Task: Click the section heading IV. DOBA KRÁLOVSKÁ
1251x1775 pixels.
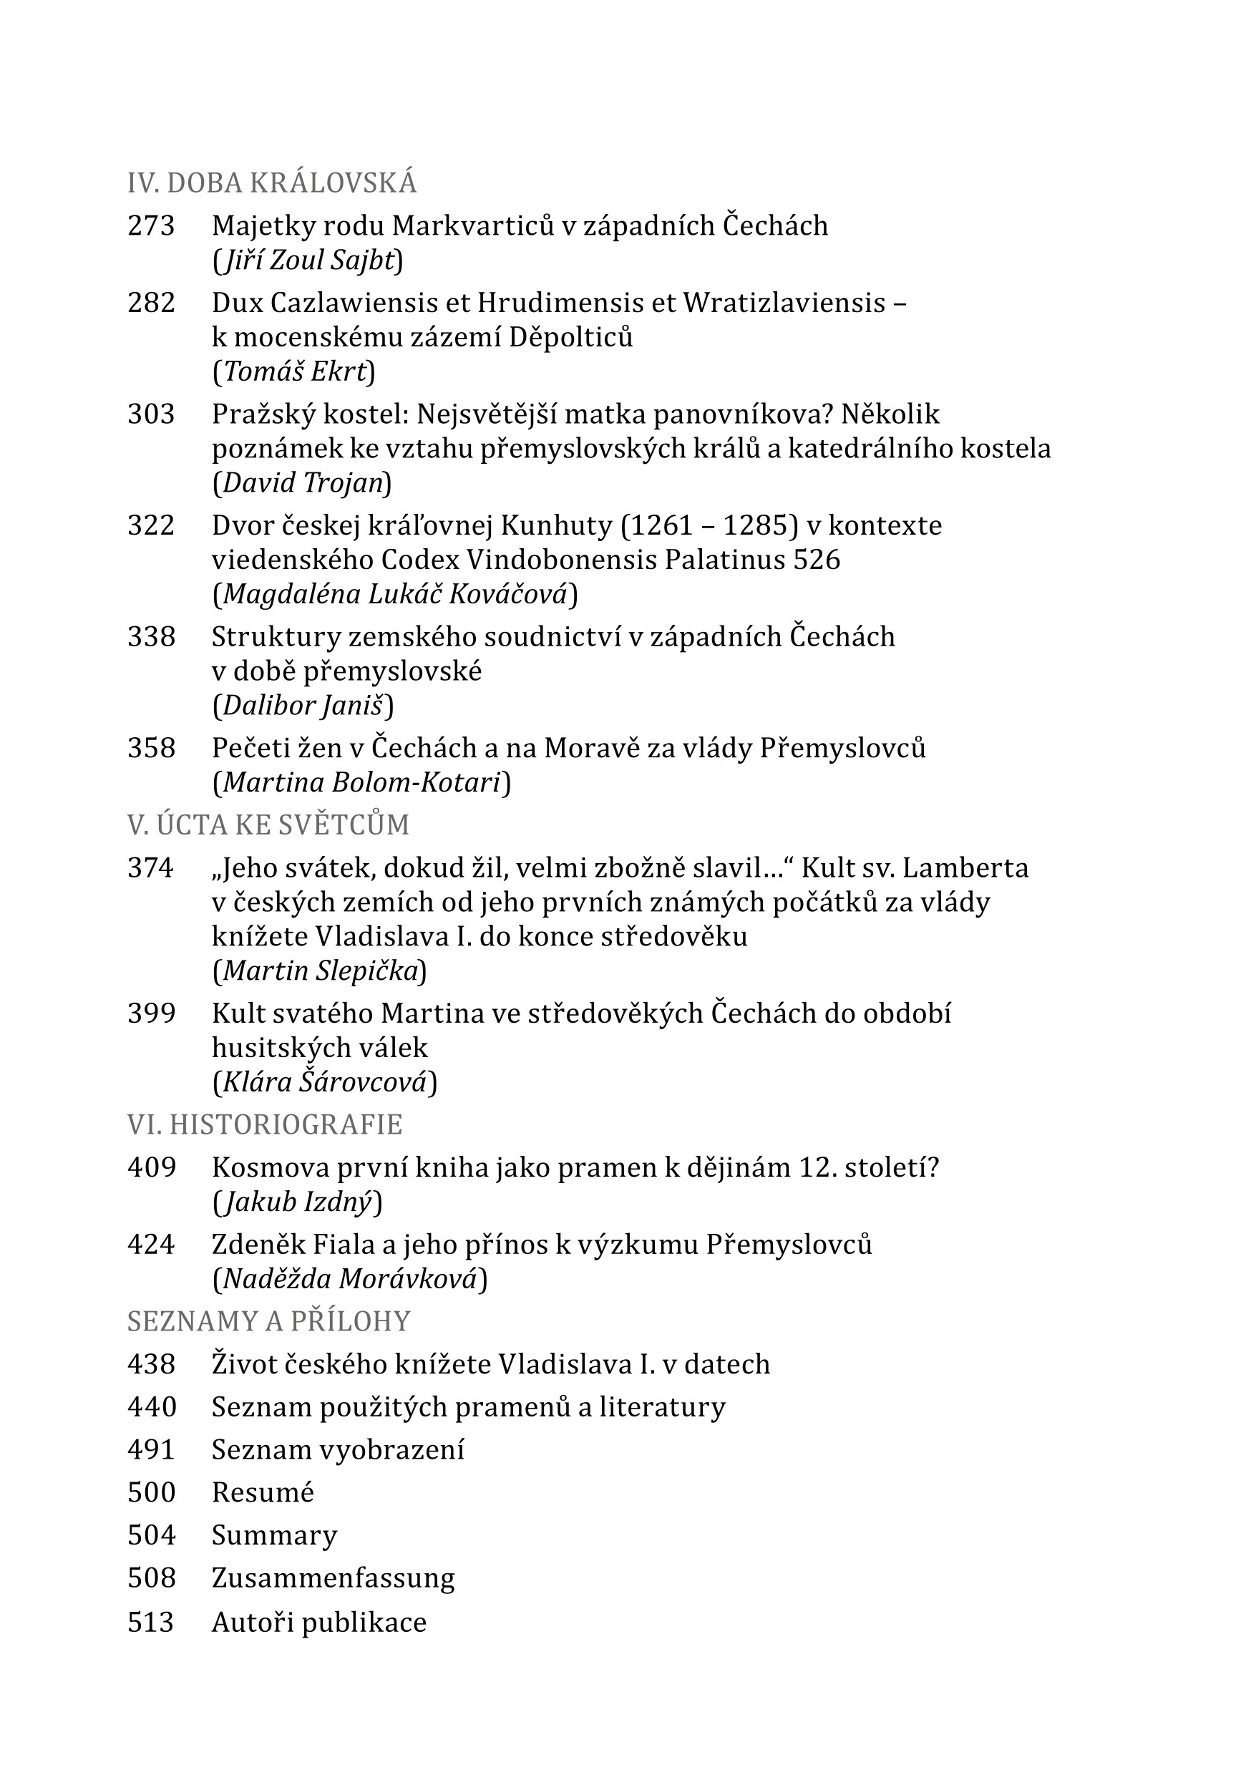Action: pyautogui.click(x=271, y=183)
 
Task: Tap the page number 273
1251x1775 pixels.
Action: pyautogui.click(x=152, y=225)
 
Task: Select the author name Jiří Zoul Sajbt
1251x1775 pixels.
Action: pyautogui.click(x=308, y=261)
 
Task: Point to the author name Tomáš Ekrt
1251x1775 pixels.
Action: pyautogui.click(x=294, y=372)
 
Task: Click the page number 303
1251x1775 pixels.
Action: pyautogui.click(x=152, y=414)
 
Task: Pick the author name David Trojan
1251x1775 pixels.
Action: pyautogui.click(x=302, y=482)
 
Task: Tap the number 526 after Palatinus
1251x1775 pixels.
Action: pyautogui.click(x=817, y=559)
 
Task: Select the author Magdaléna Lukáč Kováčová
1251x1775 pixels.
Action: pyautogui.click(x=395, y=594)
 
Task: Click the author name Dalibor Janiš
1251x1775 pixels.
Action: pyautogui.click(x=303, y=705)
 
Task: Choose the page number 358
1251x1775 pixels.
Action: pyautogui.click(x=152, y=747)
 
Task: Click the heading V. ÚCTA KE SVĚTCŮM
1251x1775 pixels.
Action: pyautogui.click(x=268, y=825)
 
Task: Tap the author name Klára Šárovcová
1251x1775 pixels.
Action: pyautogui.click(x=325, y=1081)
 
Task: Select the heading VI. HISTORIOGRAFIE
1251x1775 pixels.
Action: pyautogui.click(x=264, y=1124)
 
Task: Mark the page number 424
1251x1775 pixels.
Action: pyautogui.click(x=152, y=1244)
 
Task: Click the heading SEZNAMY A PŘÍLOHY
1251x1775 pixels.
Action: pyautogui.click(x=268, y=1321)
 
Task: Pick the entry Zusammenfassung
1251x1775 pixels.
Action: pyautogui.click(x=334, y=1578)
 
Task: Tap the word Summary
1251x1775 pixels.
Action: pyautogui.click(x=275, y=1535)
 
